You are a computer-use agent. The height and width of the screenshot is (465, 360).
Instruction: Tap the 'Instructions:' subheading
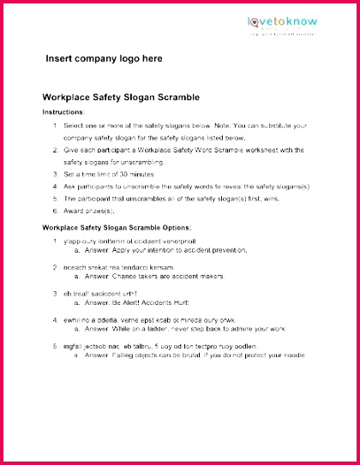(63, 112)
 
